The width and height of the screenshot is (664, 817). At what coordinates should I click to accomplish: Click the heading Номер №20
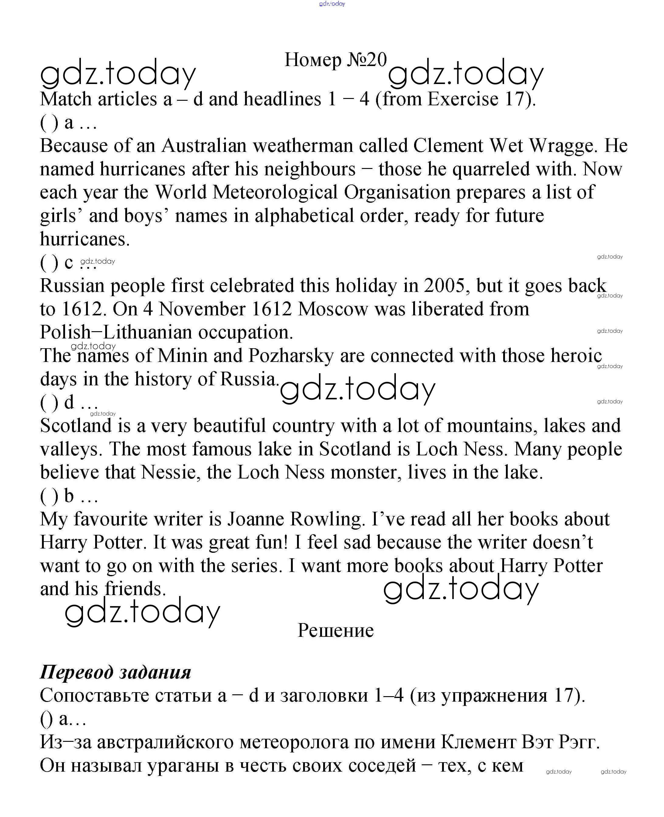point(335,60)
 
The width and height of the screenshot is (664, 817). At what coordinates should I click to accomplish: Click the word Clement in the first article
point(448,146)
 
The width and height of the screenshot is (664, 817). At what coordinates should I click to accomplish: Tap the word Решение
point(335,630)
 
